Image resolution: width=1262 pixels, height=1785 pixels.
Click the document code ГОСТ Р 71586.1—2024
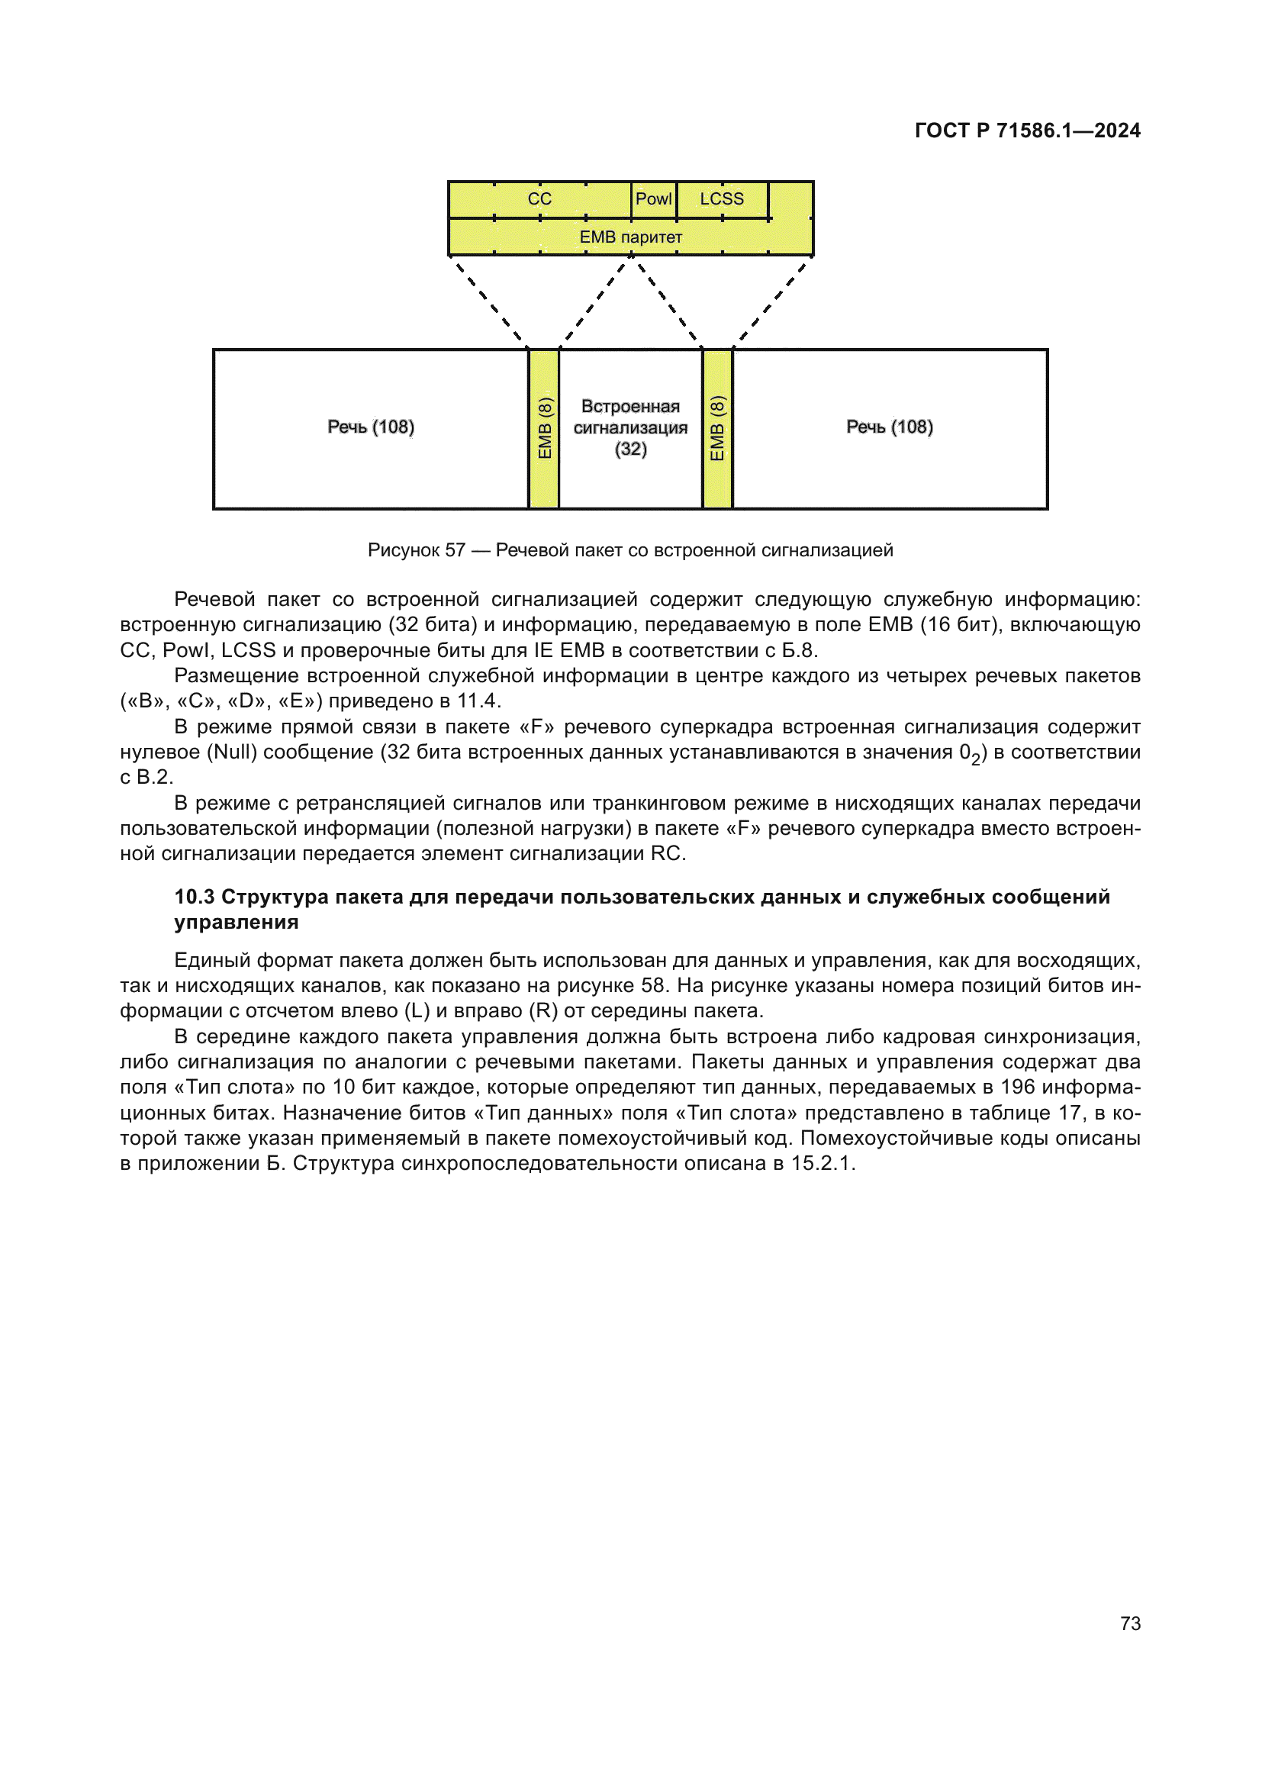point(1026,130)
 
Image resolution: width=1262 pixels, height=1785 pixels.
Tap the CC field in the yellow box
point(539,199)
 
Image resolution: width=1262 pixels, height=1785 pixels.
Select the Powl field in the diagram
point(653,199)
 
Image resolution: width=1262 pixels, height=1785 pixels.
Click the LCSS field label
point(721,199)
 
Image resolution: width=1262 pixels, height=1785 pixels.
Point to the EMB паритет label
point(630,237)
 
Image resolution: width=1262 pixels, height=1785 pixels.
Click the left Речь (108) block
point(371,427)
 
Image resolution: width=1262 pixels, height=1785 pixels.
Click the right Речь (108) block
point(889,427)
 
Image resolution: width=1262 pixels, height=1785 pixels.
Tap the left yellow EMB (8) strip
point(544,428)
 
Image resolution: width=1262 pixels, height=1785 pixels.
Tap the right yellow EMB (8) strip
point(717,428)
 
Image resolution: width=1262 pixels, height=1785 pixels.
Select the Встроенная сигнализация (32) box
point(630,427)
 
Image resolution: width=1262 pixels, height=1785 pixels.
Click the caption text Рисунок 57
point(416,550)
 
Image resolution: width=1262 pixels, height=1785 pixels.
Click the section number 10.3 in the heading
point(195,897)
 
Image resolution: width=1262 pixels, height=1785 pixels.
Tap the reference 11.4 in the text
point(476,701)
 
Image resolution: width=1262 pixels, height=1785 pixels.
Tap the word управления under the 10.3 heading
point(237,923)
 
